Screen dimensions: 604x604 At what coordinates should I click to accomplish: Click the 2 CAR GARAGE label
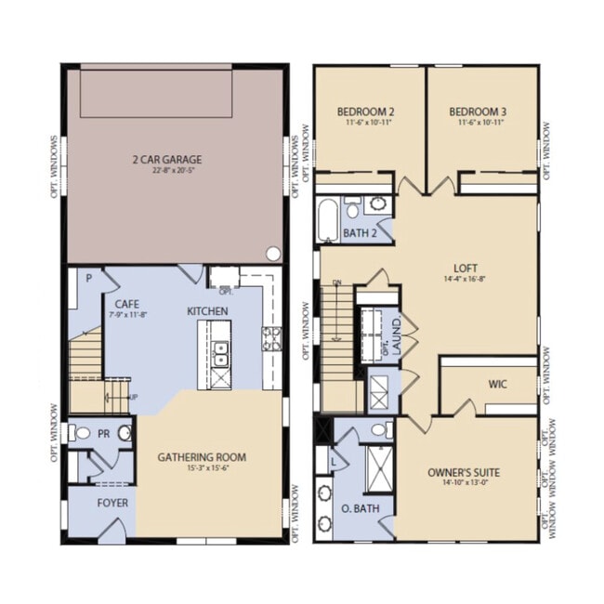(x=166, y=159)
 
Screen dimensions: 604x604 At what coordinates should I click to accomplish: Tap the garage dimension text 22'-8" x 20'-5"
(x=166, y=171)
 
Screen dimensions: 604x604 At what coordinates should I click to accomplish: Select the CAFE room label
(x=128, y=304)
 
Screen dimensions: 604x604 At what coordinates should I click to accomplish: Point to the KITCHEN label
(x=208, y=310)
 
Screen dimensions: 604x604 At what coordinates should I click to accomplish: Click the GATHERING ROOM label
(x=202, y=456)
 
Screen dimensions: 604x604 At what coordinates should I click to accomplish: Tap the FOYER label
(x=112, y=503)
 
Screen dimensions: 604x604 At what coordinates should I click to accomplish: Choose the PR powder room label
(x=105, y=433)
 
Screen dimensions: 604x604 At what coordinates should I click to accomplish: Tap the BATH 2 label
(x=360, y=232)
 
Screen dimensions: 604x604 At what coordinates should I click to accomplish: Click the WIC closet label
(x=498, y=383)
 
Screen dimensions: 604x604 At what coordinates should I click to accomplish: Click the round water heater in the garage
(x=272, y=253)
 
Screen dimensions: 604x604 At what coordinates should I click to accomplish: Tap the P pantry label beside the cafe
(x=89, y=277)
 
